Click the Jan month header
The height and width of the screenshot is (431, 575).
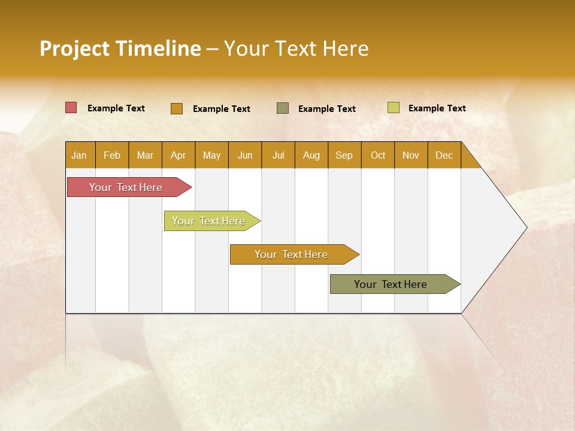[x=80, y=155]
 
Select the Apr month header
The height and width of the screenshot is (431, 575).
[x=178, y=155]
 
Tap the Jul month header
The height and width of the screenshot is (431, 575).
[x=278, y=155]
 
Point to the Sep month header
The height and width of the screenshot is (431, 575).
[x=344, y=155]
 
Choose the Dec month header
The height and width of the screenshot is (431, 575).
[x=444, y=155]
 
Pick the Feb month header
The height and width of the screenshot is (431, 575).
[x=112, y=155]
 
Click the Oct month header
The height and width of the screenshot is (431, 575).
[x=378, y=155]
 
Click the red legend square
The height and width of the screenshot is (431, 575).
[x=71, y=108]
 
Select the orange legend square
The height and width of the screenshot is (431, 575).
[x=177, y=108]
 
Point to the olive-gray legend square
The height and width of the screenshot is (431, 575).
[x=283, y=108]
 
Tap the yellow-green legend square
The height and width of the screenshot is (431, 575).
[x=394, y=108]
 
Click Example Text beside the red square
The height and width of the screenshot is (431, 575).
[x=116, y=108]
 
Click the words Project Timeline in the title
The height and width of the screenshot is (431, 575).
[x=120, y=48]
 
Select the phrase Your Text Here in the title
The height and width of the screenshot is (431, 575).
[x=296, y=48]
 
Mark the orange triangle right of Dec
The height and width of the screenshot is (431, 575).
[x=469, y=159]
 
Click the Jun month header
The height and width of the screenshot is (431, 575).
[x=245, y=155]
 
